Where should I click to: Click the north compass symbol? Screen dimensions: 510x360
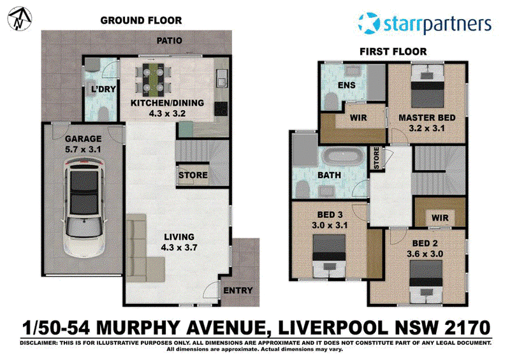20,18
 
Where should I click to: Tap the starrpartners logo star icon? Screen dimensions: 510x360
369,23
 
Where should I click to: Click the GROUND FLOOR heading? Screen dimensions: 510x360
141,20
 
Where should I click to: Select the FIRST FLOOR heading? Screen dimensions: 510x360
393,52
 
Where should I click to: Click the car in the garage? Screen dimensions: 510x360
84,208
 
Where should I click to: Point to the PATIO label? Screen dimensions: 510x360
169,41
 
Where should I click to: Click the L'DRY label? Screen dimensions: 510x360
103,89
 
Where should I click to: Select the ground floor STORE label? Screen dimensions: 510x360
193,175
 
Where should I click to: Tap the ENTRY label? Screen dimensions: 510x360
238,291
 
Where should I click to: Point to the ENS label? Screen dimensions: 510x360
346,85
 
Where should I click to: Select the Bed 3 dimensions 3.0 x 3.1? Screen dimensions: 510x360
330,225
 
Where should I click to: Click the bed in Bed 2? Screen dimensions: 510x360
426,281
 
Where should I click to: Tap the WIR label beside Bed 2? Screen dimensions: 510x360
440,217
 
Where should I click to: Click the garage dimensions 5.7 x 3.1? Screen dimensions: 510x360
83,150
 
